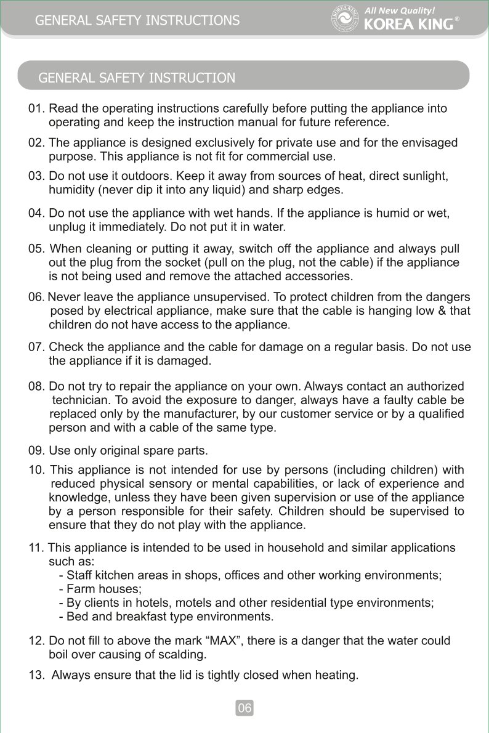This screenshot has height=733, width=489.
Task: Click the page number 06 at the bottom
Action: click(x=244, y=708)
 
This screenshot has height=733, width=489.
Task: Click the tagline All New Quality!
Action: click(x=400, y=10)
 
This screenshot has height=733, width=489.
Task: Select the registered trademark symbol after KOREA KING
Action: click(x=456, y=19)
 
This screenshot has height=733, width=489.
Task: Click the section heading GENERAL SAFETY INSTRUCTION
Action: click(x=137, y=78)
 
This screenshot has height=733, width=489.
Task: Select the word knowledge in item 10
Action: click(x=77, y=498)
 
